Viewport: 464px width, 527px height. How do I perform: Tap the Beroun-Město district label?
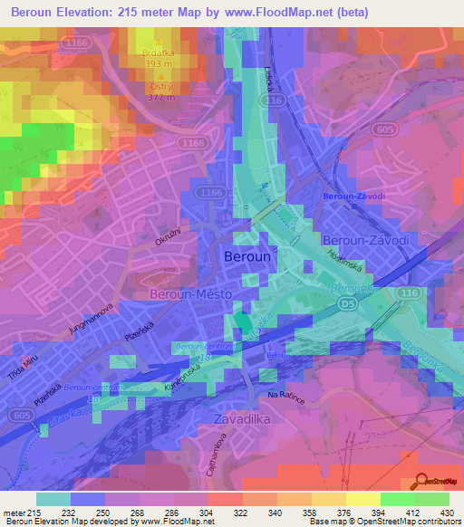tap(190, 295)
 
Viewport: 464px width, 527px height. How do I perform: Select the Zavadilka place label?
tap(244, 419)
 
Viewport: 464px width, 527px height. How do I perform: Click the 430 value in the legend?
tap(445, 512)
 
